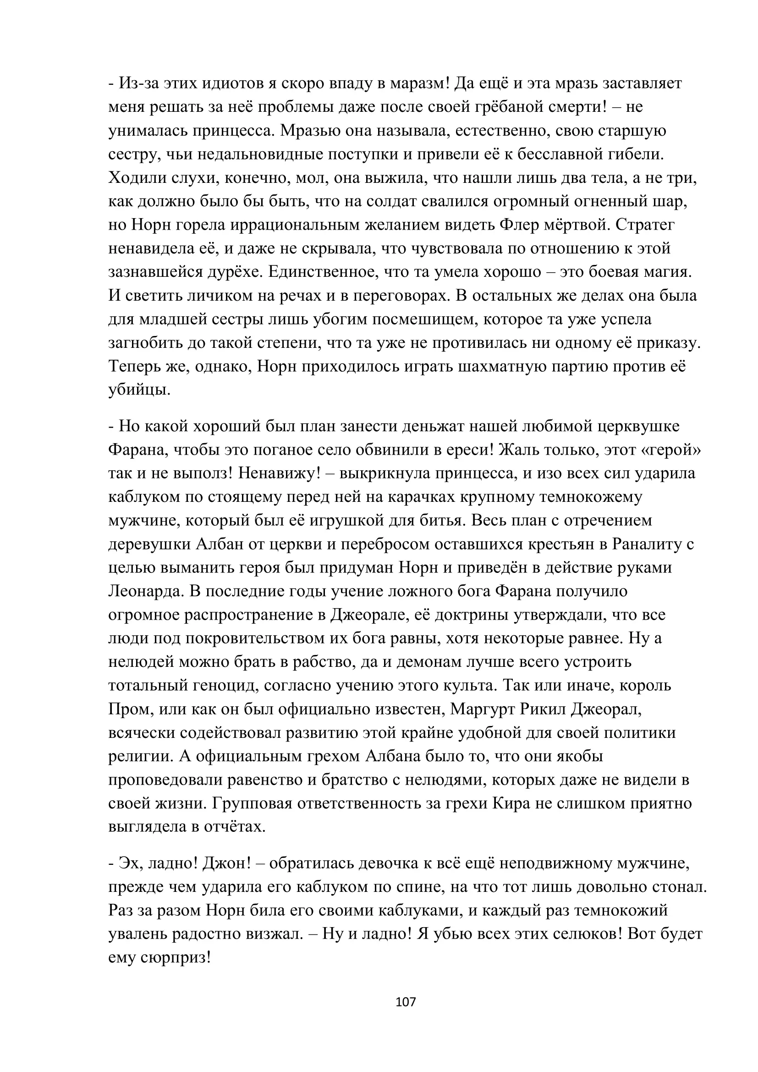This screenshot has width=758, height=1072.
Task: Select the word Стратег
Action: click(645, 225)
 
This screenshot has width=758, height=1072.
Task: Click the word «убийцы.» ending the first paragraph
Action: click(140, 390)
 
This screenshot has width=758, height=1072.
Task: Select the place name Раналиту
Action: click(648, 544)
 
